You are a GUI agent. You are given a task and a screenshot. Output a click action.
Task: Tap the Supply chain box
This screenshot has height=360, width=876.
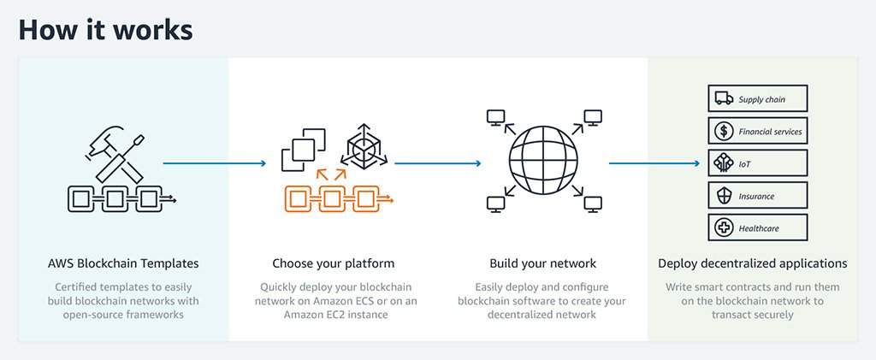pyautogui.click(x=757, y=99)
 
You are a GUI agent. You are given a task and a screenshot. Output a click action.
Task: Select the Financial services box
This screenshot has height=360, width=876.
pyautogui.click(x=757, y=132)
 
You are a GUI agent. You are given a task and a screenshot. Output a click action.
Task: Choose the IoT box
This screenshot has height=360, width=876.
pyautogui.click(x=757, y=163)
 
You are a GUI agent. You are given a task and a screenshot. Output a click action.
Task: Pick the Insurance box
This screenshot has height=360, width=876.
pyautogui.click(x=757, y=196)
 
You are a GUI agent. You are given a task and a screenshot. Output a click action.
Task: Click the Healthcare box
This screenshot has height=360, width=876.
pyautogui.click(x=757, y=228)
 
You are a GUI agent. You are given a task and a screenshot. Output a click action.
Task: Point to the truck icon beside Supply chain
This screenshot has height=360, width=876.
pyautogui.click(x=723, y=99)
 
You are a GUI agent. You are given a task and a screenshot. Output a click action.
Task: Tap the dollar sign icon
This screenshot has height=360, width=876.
pyautogui.click(x=723, y=132)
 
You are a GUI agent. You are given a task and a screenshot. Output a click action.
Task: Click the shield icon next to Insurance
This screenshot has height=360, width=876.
pyautogui.click(x=723, y=196)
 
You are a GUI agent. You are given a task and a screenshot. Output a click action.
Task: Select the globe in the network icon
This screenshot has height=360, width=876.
pyautogui.click(x=542, y=160)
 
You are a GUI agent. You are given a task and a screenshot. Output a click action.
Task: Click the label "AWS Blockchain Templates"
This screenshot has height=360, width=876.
pyautogui.click(x=124, y=263)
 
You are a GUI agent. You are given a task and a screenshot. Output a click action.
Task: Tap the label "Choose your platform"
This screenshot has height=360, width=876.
pyautogui.click(x=334, y=263)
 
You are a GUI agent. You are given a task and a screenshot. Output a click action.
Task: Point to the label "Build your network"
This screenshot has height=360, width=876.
pyautogui.click(x=542, y=263)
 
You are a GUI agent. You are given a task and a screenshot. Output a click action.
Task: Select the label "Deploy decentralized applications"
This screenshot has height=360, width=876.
pyautogui.click(x=753, y=263)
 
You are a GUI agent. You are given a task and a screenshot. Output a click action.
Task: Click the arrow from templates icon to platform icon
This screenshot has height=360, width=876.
pyautogui.click(x=215, y=162)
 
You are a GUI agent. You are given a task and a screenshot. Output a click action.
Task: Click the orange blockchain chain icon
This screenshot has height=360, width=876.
pyautogui.click(x=335, y=198)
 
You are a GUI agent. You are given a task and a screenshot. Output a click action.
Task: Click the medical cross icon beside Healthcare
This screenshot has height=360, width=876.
pyautogui.click(x=723, y=228)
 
